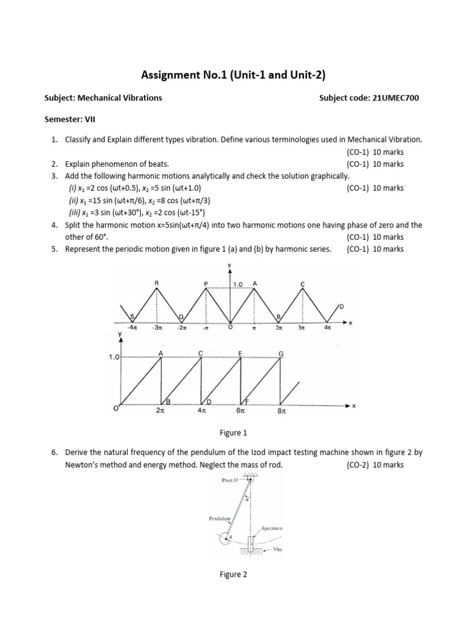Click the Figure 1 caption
233,433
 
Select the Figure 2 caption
233,574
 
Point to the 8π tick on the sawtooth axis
282,411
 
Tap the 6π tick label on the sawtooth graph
241,411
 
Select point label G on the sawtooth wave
280,353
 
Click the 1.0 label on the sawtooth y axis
114,358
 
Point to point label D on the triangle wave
341,305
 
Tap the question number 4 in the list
54,225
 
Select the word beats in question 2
159,164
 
